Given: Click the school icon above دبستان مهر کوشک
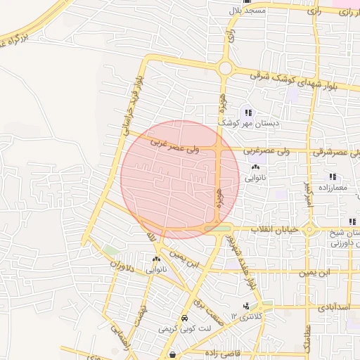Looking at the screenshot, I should click(x=247, y=112).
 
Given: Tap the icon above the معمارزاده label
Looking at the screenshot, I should click(x=332, y=177).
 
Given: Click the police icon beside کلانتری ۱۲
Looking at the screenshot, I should click(x=247, y=306).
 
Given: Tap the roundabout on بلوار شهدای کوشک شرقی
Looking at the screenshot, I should click(x=225, y=68).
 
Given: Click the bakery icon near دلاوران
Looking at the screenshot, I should click(x=156, y=259).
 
